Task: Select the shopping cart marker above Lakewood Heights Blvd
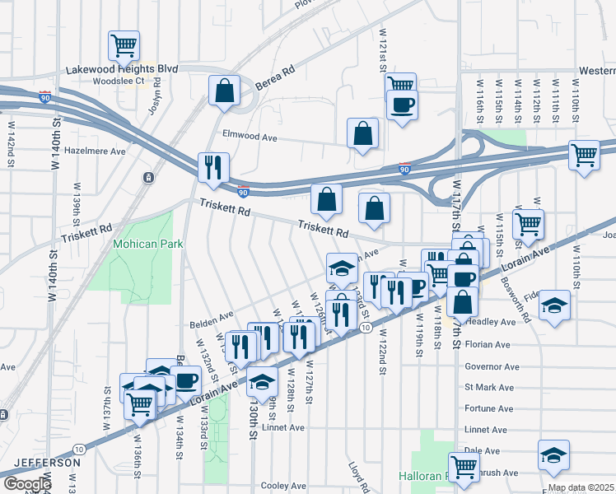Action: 124,45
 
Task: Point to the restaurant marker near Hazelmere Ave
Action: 213,167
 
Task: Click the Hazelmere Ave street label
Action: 95,151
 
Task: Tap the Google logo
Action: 26,484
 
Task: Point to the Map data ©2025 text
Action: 581,487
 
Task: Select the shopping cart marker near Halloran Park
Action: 464,467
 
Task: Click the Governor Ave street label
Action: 492,366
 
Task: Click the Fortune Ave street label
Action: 488,408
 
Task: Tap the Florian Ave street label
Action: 488,344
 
